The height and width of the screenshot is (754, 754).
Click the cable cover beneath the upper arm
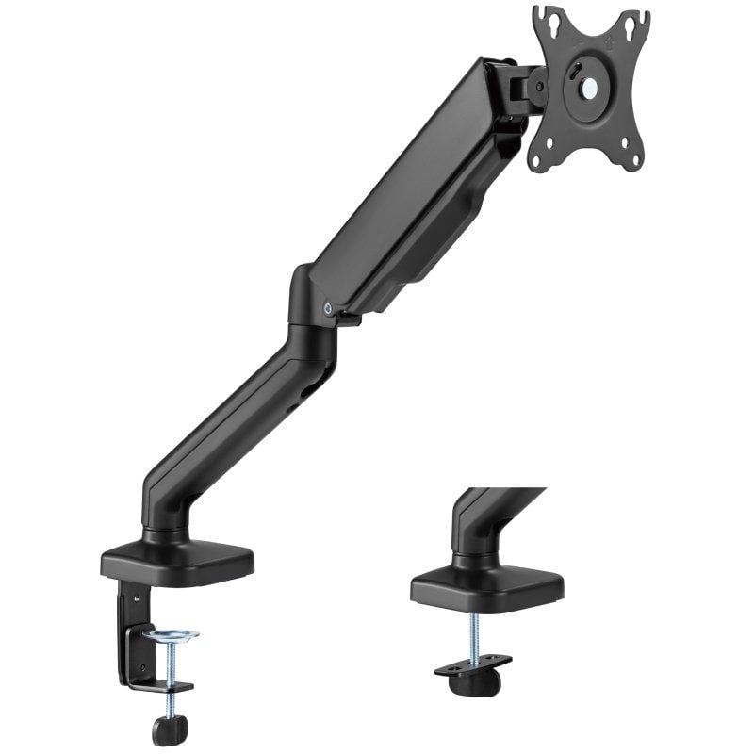(x=434, y=245)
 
